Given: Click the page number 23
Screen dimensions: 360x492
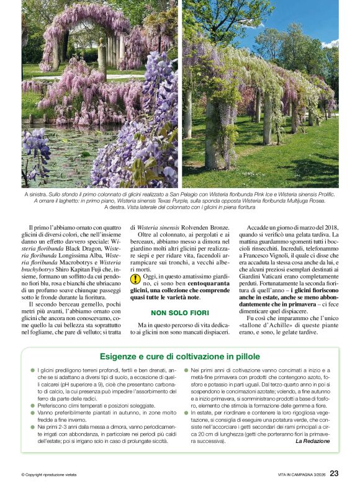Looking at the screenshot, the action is click(334, 473).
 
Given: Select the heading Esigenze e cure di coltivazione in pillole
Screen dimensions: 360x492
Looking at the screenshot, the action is click(180, 356).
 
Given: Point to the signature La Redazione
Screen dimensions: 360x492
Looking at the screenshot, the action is click(312, 441).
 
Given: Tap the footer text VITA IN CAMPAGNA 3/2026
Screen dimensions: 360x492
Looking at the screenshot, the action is click(301, 475).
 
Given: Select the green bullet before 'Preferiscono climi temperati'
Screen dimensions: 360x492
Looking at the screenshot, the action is click(32, 405).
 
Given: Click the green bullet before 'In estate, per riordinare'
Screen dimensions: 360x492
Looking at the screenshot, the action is click(186, 412).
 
